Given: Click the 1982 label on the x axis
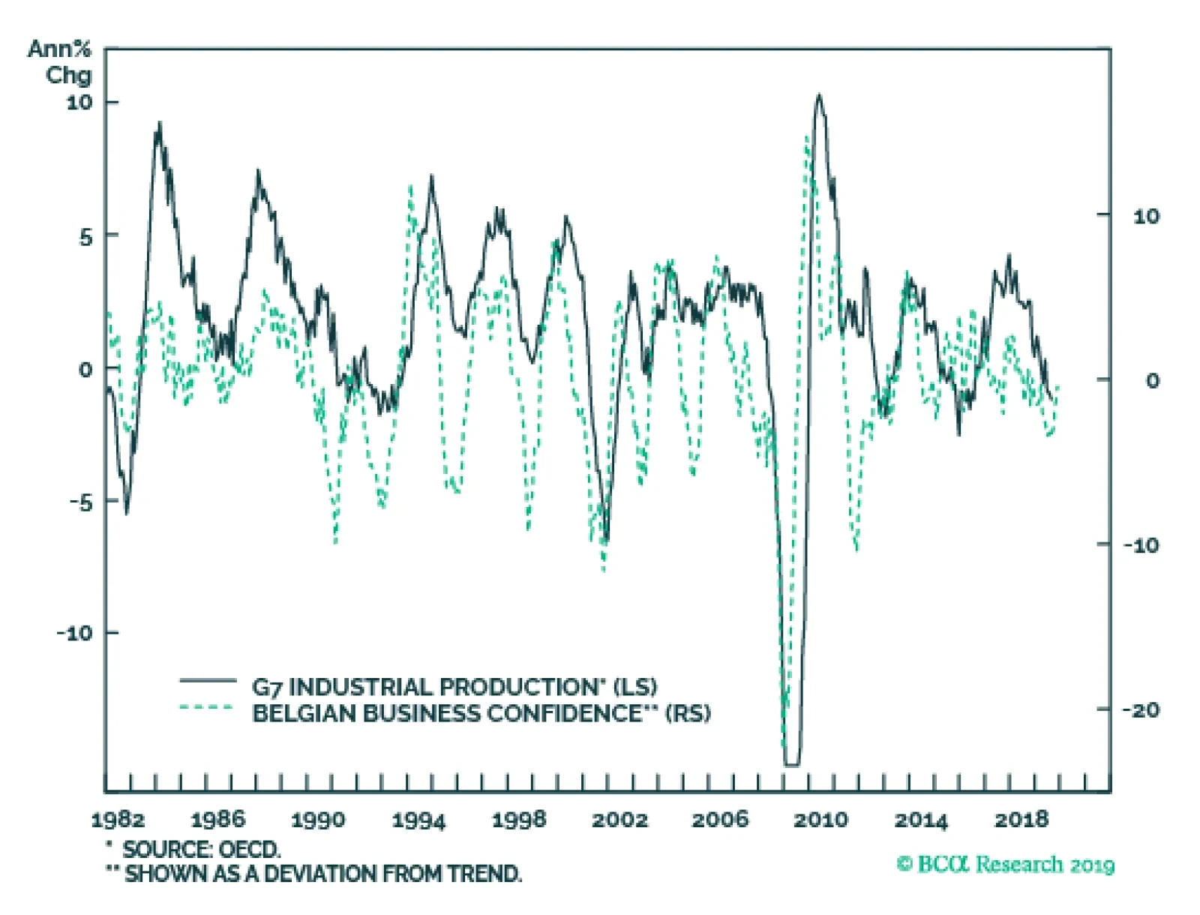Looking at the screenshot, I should (x=118, y=819).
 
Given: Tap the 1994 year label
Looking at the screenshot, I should (x=418, y=820).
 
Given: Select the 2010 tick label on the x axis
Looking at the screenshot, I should (x=820, y=820).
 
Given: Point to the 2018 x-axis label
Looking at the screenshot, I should (x=1021, y=820).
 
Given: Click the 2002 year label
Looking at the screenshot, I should (x=619, y=820).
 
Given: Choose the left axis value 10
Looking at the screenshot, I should (x=79, y=102).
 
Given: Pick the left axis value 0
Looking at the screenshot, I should (x=85, y=369).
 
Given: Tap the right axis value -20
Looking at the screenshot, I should (x=1141, y=709).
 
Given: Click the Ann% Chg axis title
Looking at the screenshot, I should (x=61, y=62).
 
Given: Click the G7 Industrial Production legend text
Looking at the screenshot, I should (x=454, y=686).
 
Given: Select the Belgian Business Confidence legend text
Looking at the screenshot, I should (x=481, y=712).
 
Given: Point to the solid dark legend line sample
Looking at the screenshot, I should (x=208, y=681).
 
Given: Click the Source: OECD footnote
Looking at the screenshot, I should (x=193, y=850).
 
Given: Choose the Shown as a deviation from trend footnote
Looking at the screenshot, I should (x=314, y=874).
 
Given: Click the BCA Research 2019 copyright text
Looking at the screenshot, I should (x=1006, y=865).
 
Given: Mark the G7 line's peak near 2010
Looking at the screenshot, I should (x=819, y=95).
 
